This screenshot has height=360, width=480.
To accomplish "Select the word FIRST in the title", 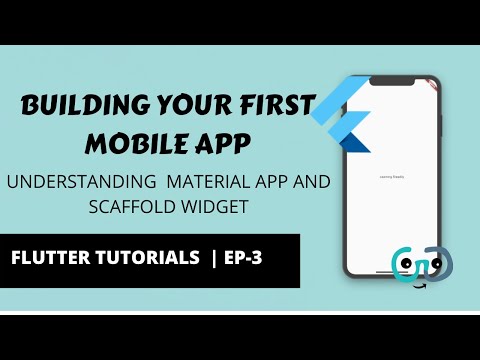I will (276, 107).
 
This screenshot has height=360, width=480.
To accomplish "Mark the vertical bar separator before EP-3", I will (213, 258).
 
